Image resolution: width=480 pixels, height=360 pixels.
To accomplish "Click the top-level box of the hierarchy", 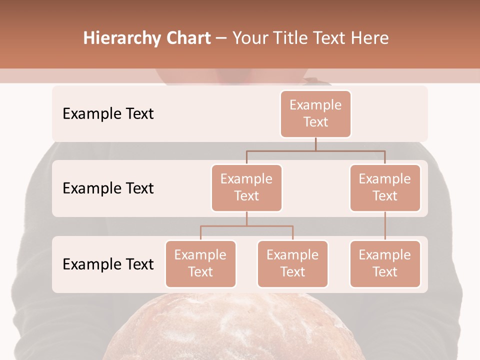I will (x=315, y=114).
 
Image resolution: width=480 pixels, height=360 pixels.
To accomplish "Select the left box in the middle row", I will (x=246, y=187).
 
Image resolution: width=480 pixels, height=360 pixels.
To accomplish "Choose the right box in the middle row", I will (x=385, y=187).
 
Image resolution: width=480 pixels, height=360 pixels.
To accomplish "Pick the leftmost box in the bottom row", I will (x=200, y=263).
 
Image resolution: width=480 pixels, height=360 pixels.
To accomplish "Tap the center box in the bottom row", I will (x=292, y=263).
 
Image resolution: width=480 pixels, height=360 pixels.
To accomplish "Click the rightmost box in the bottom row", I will (x=385, y=263).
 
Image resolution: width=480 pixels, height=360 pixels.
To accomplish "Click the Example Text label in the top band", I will (x=108, y=113).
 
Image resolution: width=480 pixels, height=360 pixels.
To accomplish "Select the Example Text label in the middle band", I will (x=108, y=188).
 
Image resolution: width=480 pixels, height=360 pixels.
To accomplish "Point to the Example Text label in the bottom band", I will (x=108, y=264).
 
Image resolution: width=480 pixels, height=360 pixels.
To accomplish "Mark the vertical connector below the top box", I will (x=315, y=144).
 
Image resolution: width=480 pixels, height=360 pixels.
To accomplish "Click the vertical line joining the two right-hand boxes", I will (x=385, y=226).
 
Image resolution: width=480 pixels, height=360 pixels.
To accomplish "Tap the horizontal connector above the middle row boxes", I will (x=315, y=150).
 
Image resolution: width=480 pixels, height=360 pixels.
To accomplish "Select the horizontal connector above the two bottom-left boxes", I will (x=246, y=226).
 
